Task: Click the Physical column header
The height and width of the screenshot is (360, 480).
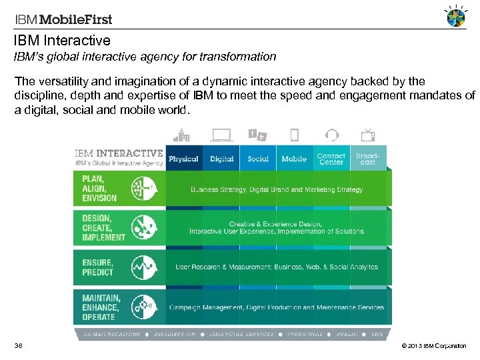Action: [183, 159]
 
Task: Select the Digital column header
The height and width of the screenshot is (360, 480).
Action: [221, 159]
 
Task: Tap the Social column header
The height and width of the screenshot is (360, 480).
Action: [258, 159]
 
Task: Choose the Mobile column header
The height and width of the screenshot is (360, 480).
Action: [294, 159]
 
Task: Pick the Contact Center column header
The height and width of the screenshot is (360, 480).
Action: [331, 159]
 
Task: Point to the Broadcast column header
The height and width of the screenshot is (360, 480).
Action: [367, 159]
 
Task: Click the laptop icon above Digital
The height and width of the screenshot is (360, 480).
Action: [221, 135]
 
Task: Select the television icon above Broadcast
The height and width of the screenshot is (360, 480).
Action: [367, 135]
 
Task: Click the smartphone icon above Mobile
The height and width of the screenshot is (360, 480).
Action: [294, 135]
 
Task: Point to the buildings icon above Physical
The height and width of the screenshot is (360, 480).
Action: [183, 135]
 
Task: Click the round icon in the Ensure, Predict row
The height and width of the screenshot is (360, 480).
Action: [144, 268]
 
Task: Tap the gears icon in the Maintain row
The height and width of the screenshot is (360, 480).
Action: [144, 307]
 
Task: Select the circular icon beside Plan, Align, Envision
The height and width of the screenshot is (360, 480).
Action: [144, 189]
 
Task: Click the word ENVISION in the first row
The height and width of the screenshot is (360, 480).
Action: [99, 198]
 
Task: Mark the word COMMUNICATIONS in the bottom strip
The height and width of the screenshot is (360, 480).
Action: [112, 335]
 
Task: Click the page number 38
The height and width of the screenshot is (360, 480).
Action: [19, 346]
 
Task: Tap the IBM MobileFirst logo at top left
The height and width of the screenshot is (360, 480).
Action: [59, 20]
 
